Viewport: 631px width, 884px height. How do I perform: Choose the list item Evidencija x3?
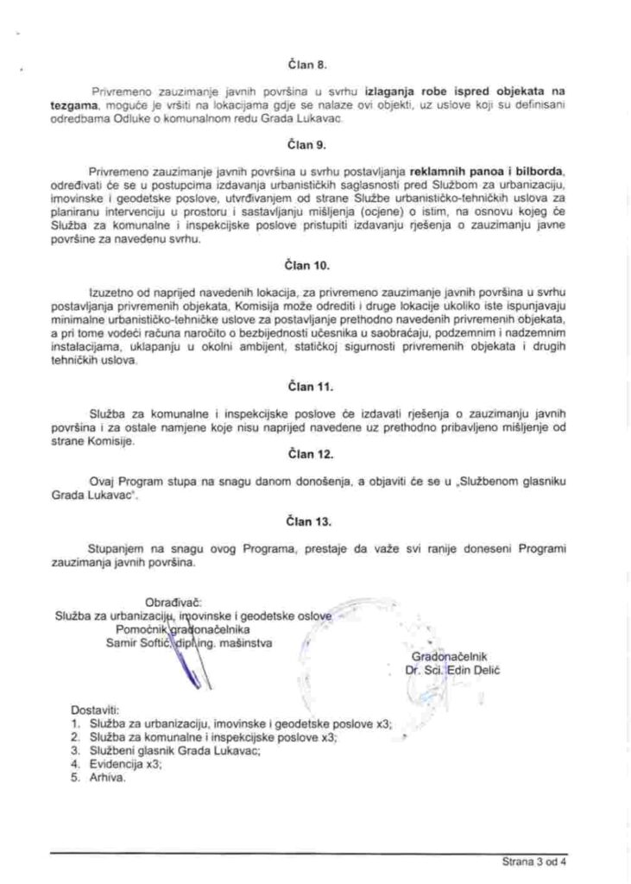[124, 764]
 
